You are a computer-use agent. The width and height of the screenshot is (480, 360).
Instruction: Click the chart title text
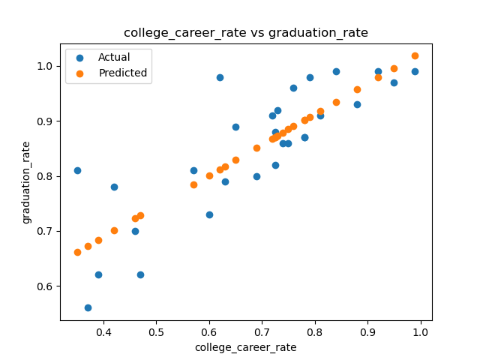coord(246,33)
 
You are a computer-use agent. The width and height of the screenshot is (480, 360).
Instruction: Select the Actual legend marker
coord(80,58)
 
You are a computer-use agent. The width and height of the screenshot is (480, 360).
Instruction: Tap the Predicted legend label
coord(123,73)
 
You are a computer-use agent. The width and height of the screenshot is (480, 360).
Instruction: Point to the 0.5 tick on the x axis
coord(157,322)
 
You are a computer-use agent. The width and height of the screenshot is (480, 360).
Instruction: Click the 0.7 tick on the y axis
coord(58,232)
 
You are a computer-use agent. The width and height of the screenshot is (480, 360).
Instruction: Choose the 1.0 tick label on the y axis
coord(45,66)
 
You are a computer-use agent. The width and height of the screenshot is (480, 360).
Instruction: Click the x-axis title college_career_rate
coord(246,347)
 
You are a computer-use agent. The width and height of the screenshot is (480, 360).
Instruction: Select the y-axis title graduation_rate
coord(26,183)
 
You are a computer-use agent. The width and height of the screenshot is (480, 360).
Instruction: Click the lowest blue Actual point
coord(88,307)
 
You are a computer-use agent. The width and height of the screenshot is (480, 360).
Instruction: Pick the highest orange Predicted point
coord(415,55)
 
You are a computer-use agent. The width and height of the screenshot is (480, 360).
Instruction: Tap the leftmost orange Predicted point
coord(77,252)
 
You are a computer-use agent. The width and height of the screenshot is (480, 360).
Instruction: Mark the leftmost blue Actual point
coord(77,170)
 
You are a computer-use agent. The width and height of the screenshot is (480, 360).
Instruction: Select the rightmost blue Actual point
coord(415,72)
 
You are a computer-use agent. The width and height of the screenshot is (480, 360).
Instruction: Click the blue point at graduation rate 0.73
coord(209,215)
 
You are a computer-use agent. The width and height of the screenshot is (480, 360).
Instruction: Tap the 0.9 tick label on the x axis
coord(367,332)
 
